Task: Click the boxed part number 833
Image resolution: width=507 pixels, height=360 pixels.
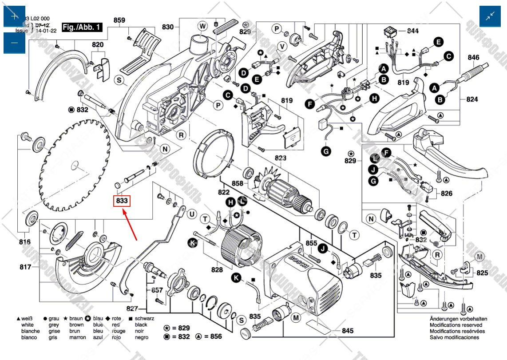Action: (122, 201)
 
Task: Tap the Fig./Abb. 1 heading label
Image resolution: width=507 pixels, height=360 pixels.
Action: (82, 27)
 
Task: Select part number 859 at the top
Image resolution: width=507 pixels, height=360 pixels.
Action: (119, 20)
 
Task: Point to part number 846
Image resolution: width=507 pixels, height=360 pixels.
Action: (473, 57)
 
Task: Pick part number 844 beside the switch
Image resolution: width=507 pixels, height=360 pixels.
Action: (413, 31)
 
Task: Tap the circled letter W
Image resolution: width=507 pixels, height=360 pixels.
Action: (203, 26)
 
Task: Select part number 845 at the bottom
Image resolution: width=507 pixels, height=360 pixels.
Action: (348, 331)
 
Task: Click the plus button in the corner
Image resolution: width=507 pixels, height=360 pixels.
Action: (14, 16)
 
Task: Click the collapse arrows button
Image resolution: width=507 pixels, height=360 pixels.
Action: (490, 16)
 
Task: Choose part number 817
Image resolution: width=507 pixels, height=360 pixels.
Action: (25, 267)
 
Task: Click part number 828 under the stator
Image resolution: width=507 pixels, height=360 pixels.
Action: (217, 269)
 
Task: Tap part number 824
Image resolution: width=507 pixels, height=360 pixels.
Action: (472, 99)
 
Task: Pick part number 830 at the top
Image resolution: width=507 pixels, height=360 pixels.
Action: (168, 27)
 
